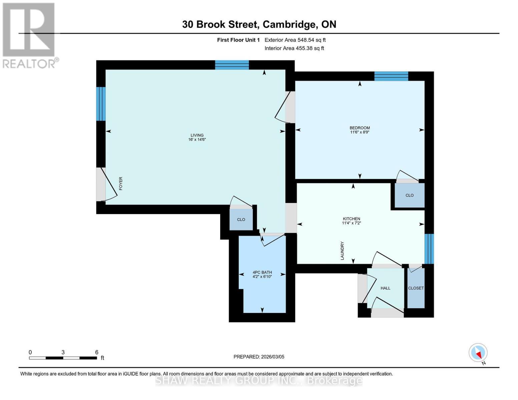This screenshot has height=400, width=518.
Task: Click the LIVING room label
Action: tap(197, 135)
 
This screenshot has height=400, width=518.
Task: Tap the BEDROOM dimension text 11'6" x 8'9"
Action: tap(360, 132)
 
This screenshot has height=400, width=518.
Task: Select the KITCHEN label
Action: tap(351, 219)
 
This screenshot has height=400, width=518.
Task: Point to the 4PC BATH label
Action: tap(262, 272)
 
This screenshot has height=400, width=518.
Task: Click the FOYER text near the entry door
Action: tap(121, 184)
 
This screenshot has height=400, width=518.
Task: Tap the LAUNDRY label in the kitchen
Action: tap(342, 251)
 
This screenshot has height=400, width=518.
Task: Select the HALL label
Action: tap(385, 288)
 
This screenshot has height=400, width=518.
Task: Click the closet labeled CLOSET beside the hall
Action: tap(416, 288)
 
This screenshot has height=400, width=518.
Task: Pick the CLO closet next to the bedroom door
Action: tap(409, 195)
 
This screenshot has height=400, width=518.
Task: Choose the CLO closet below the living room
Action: tap(241, 219)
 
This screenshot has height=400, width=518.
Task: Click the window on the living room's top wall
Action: tap(232, 65)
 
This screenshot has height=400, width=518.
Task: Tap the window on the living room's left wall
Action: tap(101, 104)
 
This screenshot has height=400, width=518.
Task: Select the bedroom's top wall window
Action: tap(391, 76)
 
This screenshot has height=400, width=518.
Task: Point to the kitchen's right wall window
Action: tap(429, 249)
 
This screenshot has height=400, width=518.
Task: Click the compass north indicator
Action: tap(478, 353)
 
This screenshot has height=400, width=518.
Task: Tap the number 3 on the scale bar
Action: tap(63, 352)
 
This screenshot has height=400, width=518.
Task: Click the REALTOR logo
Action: tap(29, 35)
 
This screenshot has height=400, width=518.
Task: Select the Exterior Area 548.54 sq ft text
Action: tap(295, 40)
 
